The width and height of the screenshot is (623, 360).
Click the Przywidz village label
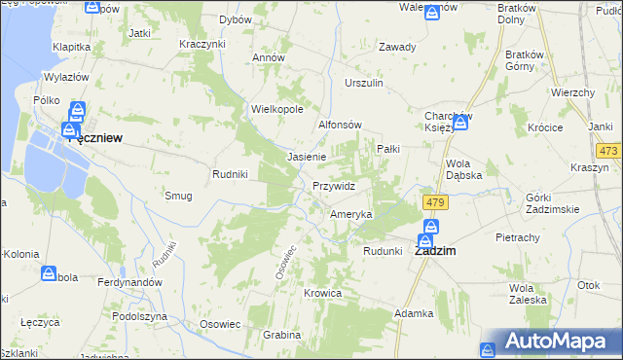coord(334,186)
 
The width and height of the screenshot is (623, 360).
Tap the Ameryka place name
coord(351,214)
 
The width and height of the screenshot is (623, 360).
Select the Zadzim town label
coord(436,249)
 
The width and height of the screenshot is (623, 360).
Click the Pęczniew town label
coord(95,139)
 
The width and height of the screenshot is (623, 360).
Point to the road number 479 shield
coord(434,201)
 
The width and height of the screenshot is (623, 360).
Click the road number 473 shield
coord(609,151)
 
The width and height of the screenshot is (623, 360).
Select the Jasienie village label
coord(306,157)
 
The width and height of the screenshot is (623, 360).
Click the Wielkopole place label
coord(277,110)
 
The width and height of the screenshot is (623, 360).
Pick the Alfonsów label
coord(341,126)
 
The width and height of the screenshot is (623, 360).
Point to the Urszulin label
coord(364,84)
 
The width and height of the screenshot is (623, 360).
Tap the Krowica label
coord(322,293)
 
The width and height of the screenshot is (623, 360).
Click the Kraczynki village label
coord(202,45)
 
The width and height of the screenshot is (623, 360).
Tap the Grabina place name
coord(281,335)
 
